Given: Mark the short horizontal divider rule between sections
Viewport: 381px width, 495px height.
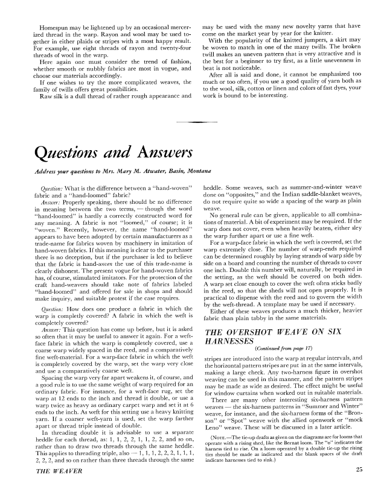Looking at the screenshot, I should coord(190,123).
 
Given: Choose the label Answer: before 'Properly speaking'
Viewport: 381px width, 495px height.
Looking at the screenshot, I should coord(42,203).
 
